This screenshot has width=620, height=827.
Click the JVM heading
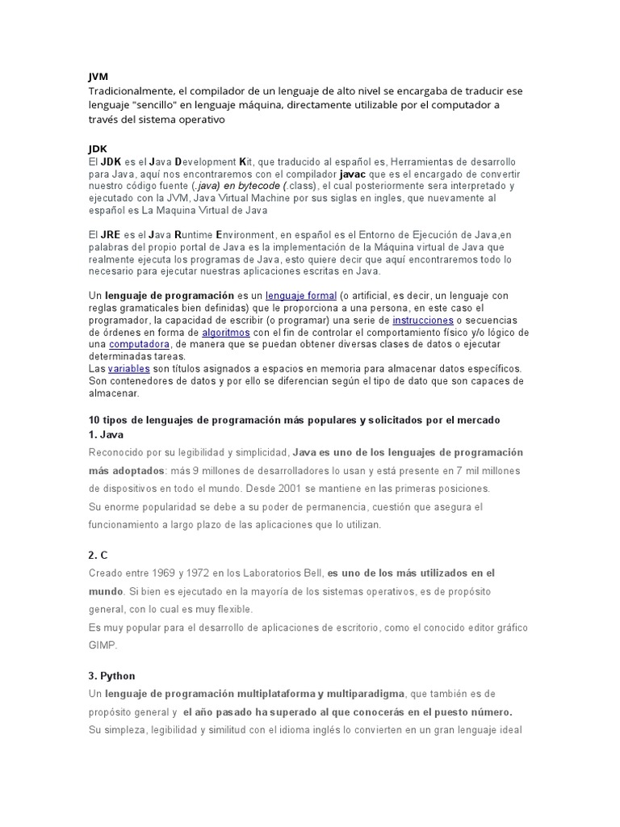tap(98, 77)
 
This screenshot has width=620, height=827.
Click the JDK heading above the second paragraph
tap(97, 149)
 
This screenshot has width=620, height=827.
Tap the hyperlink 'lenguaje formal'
tap(300, 296)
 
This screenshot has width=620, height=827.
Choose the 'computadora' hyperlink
tap(139, 345)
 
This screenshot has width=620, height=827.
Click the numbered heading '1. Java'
tap(106, 434)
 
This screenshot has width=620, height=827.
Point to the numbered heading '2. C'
tap(98, 556)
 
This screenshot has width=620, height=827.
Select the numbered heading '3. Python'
tap(112, 676)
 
